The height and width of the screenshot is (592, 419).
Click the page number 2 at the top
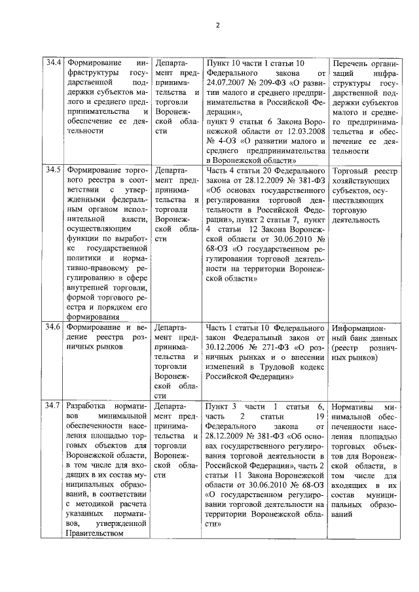(x=217, y=26)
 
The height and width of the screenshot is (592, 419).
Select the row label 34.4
(x=53, y=63)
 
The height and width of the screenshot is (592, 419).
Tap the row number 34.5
(x=53, y=169)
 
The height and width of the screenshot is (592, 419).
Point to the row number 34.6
(x=53, y=326)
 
